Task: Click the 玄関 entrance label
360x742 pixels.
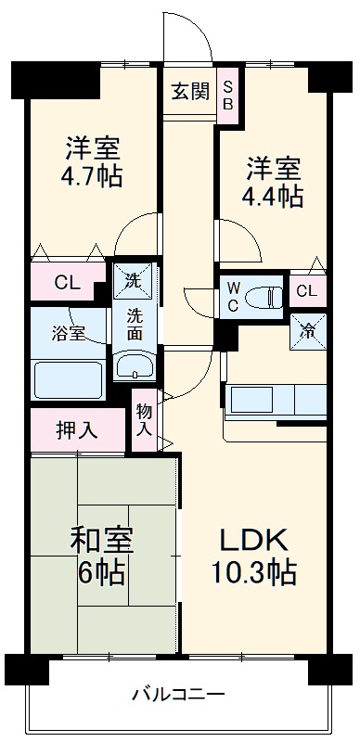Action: [x=188, y=92]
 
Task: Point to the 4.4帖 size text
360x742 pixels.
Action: [x=273, y=196]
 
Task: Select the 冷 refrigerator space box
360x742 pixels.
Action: [x=307, y=329]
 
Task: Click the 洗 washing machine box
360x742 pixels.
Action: [x=134, y=278]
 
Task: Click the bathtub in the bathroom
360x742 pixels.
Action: [x=68, y=380]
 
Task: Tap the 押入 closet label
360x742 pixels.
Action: [x=76, y=429]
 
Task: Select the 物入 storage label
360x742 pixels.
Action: [x=145, y=420]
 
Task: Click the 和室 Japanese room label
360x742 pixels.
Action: [x=102, y=541]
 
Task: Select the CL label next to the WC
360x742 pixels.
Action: [x=306, y=291]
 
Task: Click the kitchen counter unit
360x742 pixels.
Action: [x=275, y=401]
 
